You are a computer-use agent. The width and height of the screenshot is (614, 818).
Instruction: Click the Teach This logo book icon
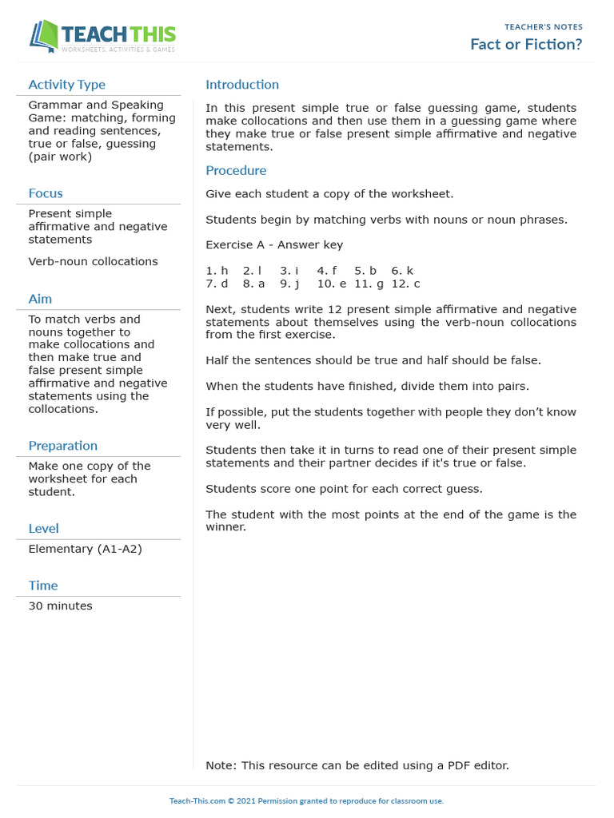point(45,37)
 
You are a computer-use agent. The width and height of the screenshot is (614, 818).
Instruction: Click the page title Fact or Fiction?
point(526,45)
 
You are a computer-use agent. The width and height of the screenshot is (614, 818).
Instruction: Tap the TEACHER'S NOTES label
point(544,27)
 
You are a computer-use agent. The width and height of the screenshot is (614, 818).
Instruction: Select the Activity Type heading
point(66,85)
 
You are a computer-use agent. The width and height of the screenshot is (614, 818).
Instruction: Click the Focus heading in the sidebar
point(46,193)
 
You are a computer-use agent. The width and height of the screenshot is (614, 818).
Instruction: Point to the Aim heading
point(40,299)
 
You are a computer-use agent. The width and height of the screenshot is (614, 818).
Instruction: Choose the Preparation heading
point(62,446)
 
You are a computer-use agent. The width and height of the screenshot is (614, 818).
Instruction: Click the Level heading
point(43,528)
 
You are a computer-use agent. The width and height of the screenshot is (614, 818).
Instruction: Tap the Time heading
point(43,586)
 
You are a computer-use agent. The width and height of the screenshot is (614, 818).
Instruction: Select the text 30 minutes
point(60,606)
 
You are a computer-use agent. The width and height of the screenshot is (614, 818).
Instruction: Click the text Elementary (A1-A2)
point(85,549)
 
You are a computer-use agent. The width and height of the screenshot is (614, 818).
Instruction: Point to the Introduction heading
point(242,85)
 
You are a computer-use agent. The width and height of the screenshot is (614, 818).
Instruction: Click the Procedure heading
point(236,170)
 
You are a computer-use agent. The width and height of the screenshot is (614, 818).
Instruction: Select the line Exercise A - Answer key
point(274,245)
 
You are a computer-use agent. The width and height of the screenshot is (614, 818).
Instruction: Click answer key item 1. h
point(217,271)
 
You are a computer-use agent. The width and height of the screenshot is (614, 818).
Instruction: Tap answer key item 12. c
point(405,284)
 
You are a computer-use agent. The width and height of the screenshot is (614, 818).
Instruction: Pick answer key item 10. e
point(331,284)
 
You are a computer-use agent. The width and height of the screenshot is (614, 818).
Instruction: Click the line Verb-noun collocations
point(93,262)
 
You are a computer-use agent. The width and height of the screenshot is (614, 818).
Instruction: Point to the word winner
point(225,527)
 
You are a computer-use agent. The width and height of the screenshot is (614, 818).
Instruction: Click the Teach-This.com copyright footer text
point(306,800)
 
